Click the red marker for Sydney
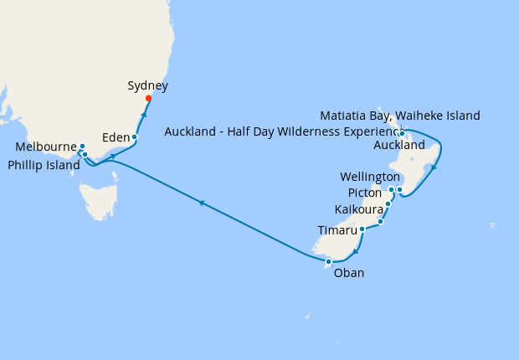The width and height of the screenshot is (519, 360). click(x=148, y=99)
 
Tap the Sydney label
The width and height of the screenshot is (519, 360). click(x=148, y=85)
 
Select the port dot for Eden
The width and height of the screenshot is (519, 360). click(x=134, y=136)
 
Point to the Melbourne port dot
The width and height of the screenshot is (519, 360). click(x=82, y=147)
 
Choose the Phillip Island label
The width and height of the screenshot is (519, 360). click(x=44, y=165)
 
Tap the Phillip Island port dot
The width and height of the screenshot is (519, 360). click(x=85, y=155)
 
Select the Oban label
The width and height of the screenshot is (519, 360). click(x=349, y=272)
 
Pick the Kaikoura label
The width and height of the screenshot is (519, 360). click(x=358, y=208)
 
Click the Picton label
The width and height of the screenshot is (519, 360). click(x=364, y=193)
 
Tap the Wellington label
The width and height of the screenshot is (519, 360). click(x=370, y=177)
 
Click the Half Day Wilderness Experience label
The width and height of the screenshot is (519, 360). click(x=281, y=131)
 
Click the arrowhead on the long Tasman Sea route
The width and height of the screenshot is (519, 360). click(x=201, y=202)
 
